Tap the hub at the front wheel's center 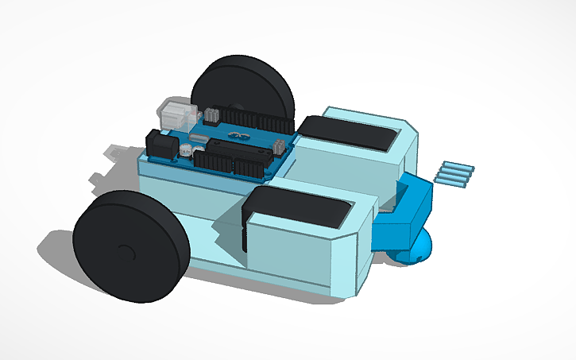pyautogui.click(x=124, y=251)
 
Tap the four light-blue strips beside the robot pyautogui.click(x=455, y=172)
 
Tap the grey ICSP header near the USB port pyautogui.click(x=211, y=115)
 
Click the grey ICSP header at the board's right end pyautogui.click(x=280, y=146)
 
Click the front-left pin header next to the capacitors pyautogui.click(x=210, y=160)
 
